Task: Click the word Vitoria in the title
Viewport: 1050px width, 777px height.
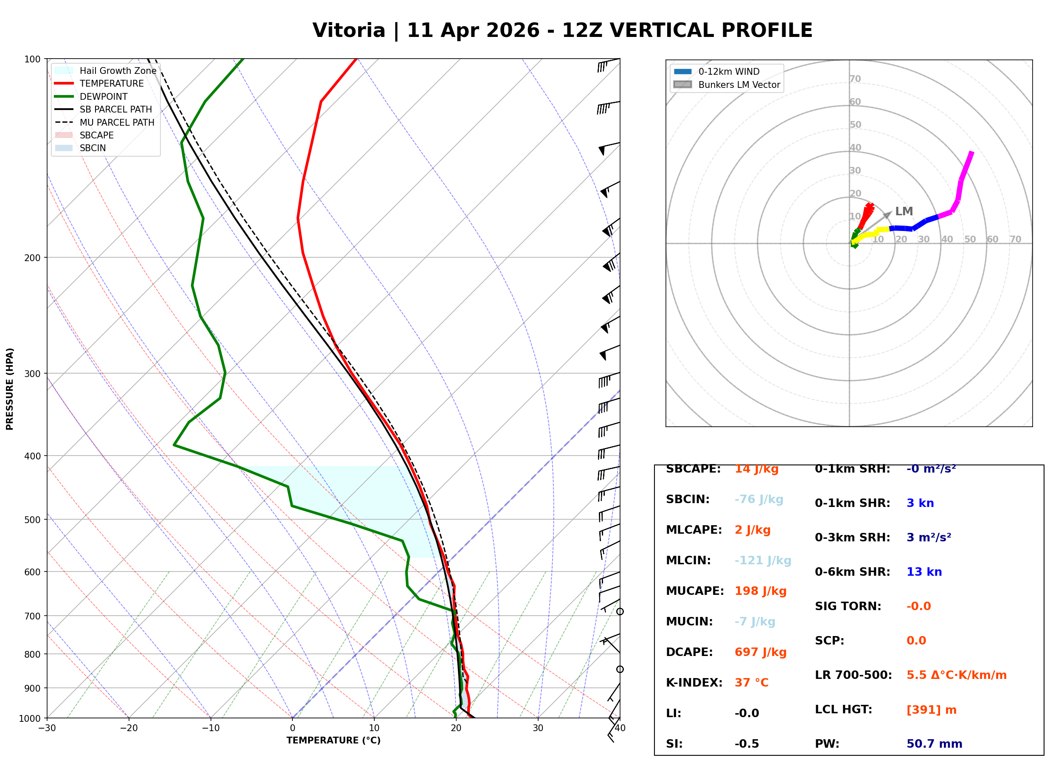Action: point(348,31)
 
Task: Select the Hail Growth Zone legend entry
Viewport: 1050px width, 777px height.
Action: point(118,70)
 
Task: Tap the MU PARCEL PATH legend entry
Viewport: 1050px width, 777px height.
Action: point(117,122)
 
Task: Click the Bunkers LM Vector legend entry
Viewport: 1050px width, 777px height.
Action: point(738,84)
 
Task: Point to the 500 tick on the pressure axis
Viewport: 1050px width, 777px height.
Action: point(32,520)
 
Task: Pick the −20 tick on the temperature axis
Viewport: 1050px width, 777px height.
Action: point(128,728)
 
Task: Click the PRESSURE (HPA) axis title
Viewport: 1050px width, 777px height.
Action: point(10,389)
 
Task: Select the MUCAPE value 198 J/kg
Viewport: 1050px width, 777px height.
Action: point(760,591)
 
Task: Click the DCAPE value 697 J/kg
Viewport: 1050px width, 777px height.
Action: point(760,652)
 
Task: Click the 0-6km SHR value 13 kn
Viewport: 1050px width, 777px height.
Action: point(924,572)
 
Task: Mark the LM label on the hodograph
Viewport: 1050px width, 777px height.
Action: point(903,211)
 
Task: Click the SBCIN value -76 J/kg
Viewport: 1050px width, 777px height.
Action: point(758,499)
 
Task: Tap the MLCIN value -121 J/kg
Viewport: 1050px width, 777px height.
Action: point(762,560)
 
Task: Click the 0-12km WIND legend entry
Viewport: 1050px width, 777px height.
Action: point(728,71)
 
